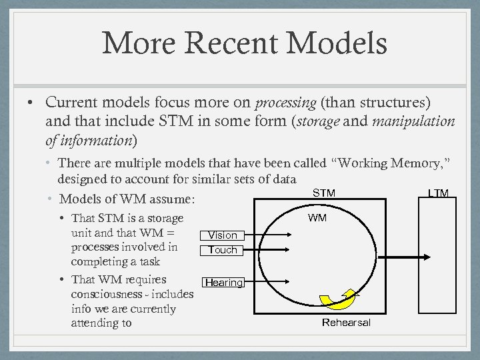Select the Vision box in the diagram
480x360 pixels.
pyautogui.click(x=223, y=235)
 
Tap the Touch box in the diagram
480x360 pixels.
pyautogui.click(x=223, y=249)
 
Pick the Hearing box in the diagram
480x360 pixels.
pyautogui.click(x=224, y=282)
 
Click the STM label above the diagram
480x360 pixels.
pyautogui.click(x=324, y=193)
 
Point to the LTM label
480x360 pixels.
pyautogui.click(x=438, y=193)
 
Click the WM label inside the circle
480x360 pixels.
pyautogui.click(x=317, y=218)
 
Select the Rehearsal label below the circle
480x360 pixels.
pyautogui.click(x=346, y=323)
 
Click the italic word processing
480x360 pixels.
pyautogui.click(x=285, y=103)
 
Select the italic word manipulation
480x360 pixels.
pyautogui.click(x=413, y=121)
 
